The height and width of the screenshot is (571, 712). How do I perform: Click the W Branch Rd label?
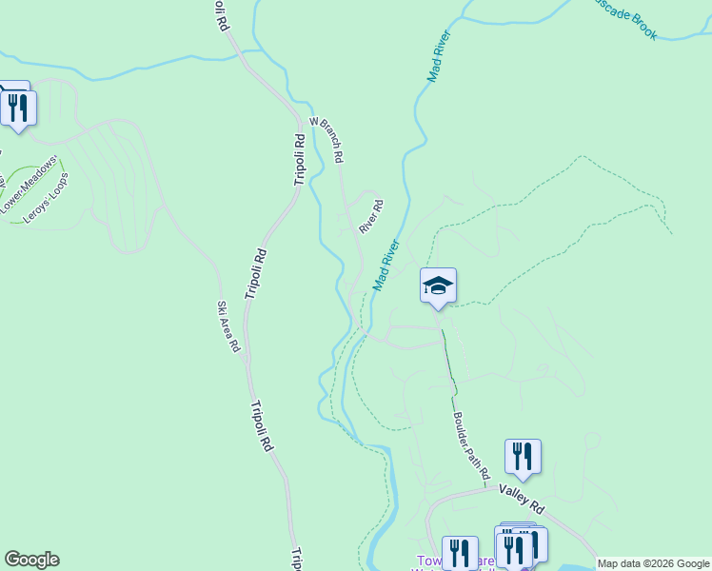click(326, 140)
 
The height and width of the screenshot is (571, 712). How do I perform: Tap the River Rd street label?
click(371, 216)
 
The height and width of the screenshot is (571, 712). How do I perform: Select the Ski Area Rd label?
click(228, 326)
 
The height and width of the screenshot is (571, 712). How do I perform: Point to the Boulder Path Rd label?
click(470, 444)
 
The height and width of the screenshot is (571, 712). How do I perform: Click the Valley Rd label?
click(521, 495)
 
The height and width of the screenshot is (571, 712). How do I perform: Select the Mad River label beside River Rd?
click(386, 266)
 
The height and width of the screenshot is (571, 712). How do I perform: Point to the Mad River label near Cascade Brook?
click(439, 56)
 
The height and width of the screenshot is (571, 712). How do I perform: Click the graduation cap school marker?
click(438, 285)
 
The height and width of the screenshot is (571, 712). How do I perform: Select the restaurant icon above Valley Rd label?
click(523, 456)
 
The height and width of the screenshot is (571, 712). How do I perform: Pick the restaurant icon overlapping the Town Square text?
click(460, 553)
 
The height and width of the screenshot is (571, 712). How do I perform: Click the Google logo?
click(31, 560)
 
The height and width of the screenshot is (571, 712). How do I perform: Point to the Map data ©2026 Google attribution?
click(652, 563)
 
